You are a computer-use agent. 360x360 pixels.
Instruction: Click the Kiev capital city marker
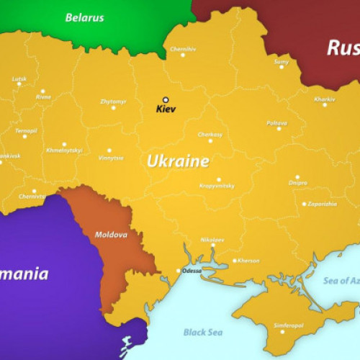[x=165, y=100]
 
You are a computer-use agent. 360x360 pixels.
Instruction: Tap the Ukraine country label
[x=178, y=161]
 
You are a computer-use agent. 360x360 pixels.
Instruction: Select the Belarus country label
[x=84, y=17]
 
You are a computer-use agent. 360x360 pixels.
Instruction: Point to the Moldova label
[x=111, y=235]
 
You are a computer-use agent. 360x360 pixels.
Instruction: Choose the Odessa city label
[x=192, y=271]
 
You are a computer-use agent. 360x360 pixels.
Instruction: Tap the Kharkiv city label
[x=325, y=99]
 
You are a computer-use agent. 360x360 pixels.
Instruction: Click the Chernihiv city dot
[x=182, y=55]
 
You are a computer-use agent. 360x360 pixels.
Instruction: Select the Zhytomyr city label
[x=113, y=102]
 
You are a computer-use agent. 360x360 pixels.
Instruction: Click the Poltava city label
[x=277, y=123]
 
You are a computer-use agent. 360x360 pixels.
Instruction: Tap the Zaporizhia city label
[x=322, y=204]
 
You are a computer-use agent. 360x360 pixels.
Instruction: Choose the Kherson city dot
[x=235, y=261]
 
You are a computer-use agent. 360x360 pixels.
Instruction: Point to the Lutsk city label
[x=19, y=78]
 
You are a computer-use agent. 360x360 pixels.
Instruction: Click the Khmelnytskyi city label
[x=64, y=150]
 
